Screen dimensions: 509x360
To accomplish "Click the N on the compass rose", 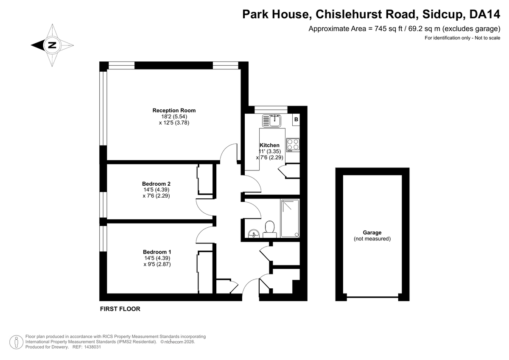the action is click(52, 45).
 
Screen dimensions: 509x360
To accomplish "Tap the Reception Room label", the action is click(174, 110).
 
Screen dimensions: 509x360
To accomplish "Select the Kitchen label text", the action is click(269, 145).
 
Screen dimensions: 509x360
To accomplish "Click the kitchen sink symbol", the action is click(271, 121).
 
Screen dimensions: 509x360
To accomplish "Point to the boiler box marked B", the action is click(296, 119).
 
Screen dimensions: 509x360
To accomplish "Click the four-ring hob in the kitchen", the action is click(293, 145).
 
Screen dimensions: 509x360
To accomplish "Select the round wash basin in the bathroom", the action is click(254, 234).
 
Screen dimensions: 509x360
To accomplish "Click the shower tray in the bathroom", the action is click(290, 218).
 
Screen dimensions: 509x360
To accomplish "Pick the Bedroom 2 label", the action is click(156, 184).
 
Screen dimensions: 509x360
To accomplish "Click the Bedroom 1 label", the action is click(157, 252).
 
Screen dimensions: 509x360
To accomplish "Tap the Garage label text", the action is click(372, 233).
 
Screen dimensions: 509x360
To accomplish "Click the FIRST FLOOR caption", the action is click(120, 309).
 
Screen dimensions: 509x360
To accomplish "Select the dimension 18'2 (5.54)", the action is click(174, 117).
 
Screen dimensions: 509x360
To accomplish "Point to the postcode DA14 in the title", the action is click(485, 14).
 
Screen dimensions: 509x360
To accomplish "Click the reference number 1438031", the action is click(92, 347).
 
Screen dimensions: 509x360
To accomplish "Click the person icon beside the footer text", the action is click(17, 342).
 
